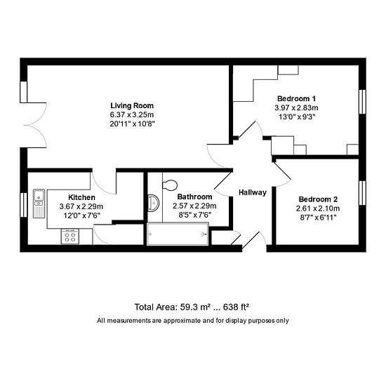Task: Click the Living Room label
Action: pos(132,105)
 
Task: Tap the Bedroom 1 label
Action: pos(296,99)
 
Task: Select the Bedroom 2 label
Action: pos(318,199)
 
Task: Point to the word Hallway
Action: pos(253,192)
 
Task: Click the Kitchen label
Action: pos(81,197)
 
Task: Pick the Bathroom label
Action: pos(194,197)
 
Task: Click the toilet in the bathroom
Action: pos(170,185)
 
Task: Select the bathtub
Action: pos(178,234)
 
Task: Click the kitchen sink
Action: pos(39,204)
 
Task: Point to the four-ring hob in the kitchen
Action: pos(70,237)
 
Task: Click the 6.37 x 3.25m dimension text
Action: pos(132,114)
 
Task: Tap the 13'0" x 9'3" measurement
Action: pos(297,117)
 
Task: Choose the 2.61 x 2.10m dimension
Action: pos(318,208)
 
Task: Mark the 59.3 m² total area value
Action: pos(196,307)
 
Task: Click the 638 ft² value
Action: pos(236,307)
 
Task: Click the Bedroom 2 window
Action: pos(362,193)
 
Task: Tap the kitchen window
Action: pos(24,205)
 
